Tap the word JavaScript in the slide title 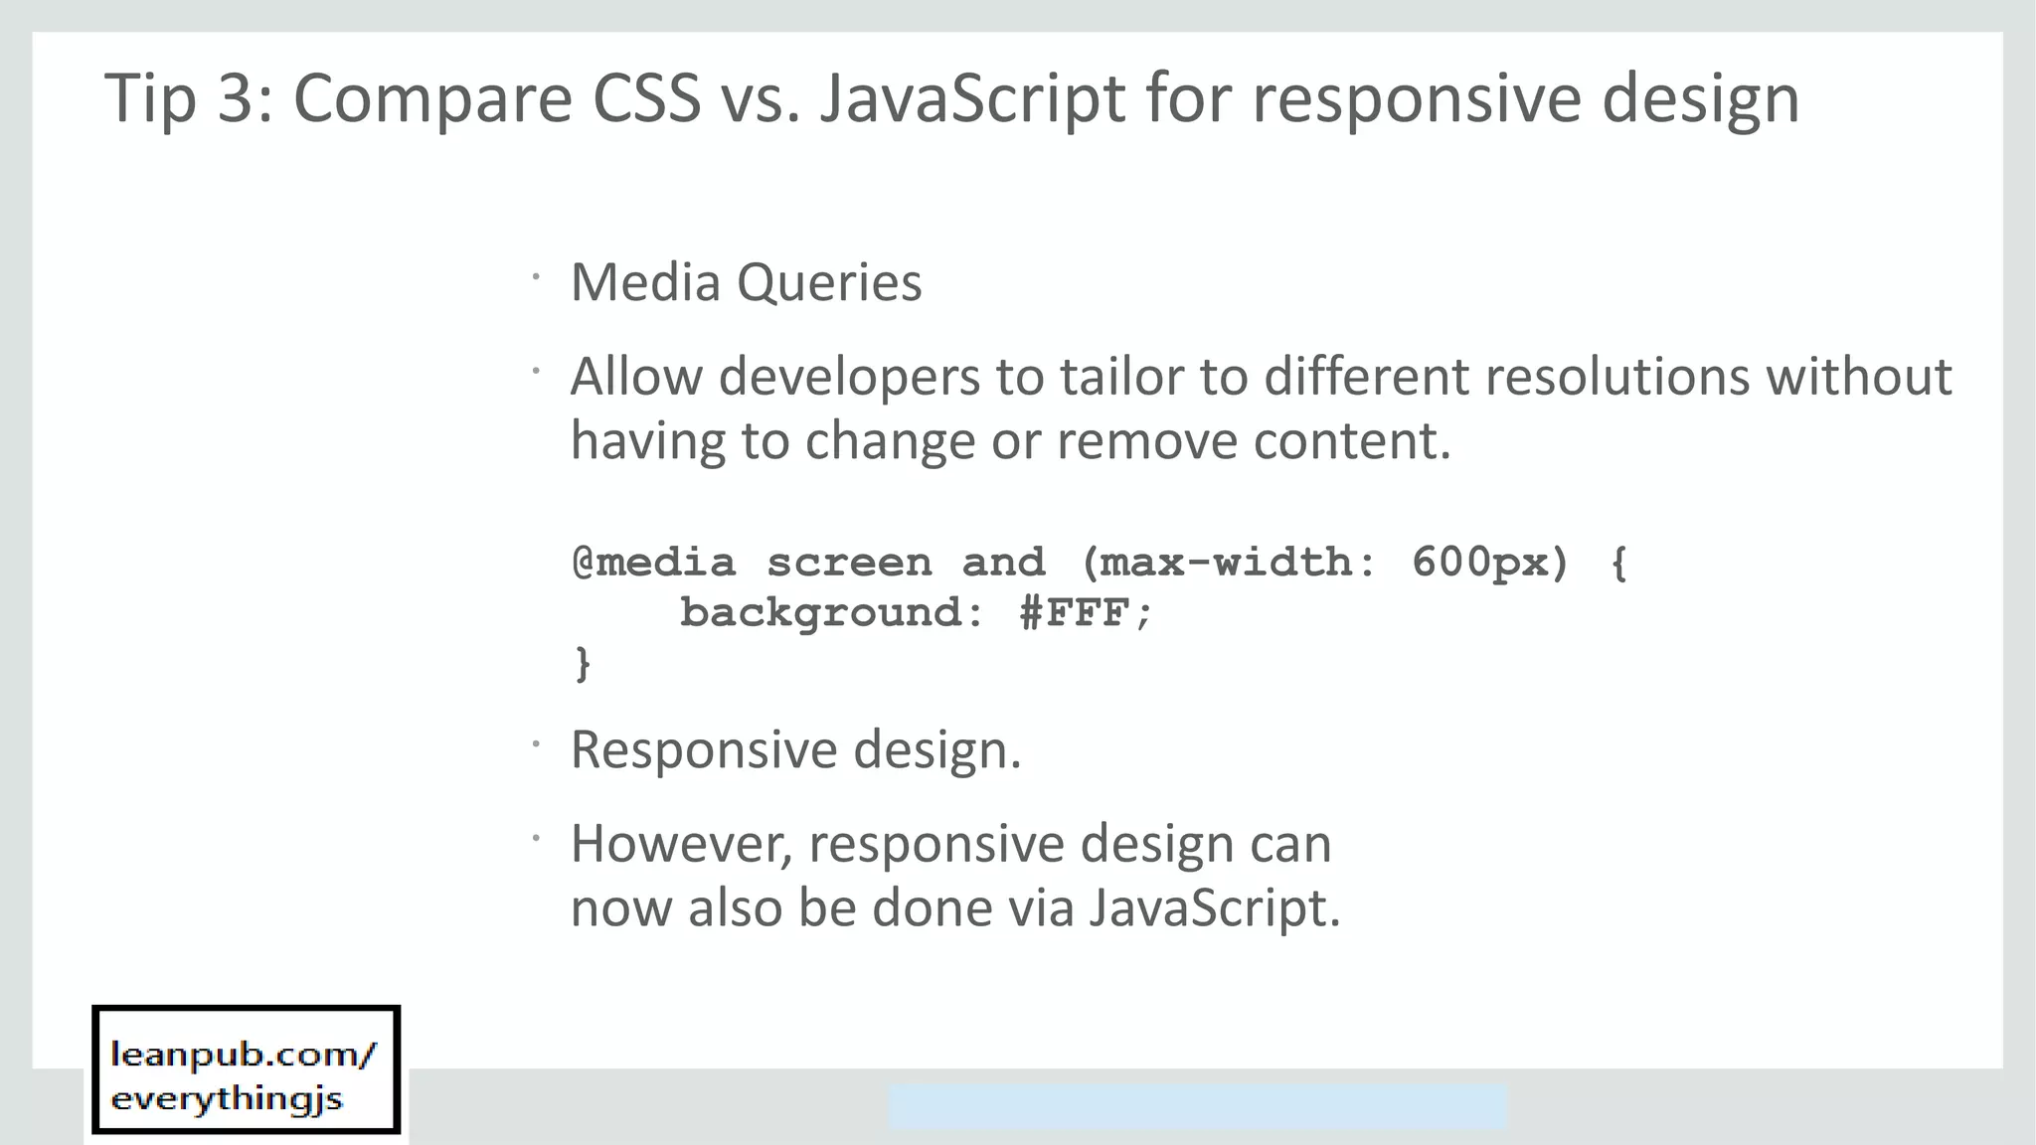[x=972, y=98]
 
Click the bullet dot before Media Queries [x=535, y=277]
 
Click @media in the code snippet [x=654, y=564]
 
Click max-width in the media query [x=1225, y=564]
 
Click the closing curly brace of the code [x=583, y=663]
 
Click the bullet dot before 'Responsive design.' [x=535, y=743]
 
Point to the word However [x=682, y=845]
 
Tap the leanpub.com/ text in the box [x=243, y=1055]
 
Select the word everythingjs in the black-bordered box [x=227, y=1099]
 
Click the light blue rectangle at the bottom [x=1197, y=1106]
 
